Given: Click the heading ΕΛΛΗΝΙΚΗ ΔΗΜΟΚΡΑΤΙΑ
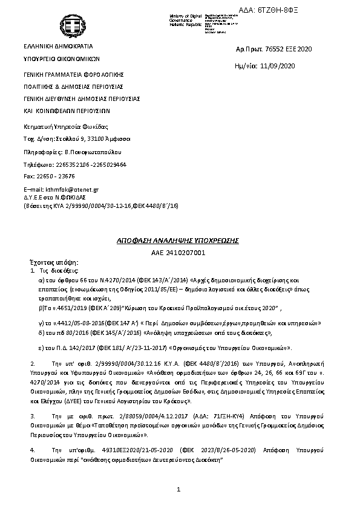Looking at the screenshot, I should coord(58,46).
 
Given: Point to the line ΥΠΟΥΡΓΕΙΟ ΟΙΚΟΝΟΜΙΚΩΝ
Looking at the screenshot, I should coord(61,59).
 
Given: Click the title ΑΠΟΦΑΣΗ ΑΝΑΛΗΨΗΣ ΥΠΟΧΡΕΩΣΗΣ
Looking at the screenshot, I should coord(178,241).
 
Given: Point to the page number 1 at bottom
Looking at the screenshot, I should coord(179,489).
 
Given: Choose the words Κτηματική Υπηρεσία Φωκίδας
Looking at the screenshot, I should coord(65,126).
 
